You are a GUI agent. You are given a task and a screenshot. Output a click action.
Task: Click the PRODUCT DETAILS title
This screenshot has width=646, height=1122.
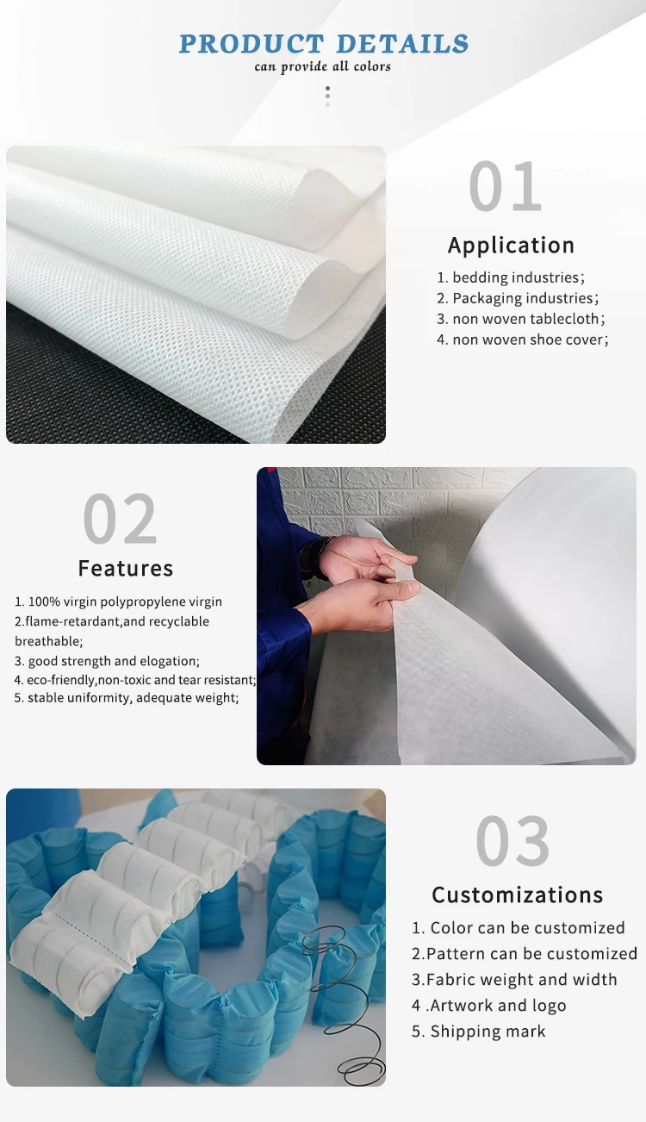324,44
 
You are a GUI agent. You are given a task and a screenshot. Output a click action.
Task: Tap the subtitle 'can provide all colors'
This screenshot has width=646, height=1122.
322,66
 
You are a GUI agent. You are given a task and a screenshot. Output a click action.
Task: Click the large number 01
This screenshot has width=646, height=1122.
506,186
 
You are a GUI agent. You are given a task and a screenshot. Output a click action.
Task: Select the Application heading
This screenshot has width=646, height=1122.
511,246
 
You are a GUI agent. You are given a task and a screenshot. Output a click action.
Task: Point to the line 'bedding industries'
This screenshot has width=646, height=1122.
511,277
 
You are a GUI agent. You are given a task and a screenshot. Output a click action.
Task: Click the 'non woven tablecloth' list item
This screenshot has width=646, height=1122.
521,319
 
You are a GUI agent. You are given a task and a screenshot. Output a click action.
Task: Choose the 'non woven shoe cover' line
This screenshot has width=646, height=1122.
522,340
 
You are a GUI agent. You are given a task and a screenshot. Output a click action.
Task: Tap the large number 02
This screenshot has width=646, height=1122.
120,519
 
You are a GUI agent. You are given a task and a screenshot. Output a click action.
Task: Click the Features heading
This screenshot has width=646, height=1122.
126,569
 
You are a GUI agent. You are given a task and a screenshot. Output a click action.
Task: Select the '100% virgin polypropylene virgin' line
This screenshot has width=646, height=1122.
118,602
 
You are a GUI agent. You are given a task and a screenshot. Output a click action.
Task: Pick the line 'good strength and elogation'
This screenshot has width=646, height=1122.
107,661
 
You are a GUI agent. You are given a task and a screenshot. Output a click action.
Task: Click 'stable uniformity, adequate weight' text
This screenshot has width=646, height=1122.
127,698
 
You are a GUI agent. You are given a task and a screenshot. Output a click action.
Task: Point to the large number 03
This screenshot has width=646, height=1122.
512,841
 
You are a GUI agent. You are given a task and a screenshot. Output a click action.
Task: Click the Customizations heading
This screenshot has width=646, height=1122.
518,895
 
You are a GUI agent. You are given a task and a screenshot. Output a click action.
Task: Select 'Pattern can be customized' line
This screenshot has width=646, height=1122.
525,954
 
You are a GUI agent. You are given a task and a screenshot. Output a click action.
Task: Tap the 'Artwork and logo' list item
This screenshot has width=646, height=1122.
488,1006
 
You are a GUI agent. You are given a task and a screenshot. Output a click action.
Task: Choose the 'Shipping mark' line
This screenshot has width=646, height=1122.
478,1032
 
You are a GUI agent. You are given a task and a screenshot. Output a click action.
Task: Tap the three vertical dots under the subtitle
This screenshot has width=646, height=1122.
327,97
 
